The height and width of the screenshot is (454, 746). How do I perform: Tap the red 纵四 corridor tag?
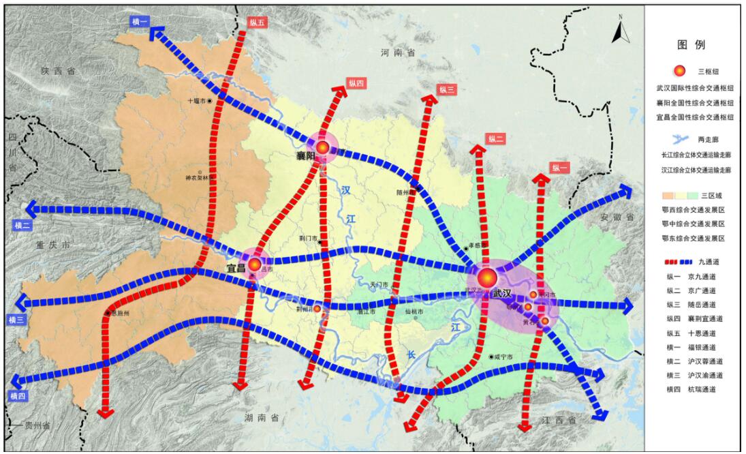(x=356, y=82)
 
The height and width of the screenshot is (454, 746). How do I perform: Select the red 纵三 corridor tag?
(x=447, y=89)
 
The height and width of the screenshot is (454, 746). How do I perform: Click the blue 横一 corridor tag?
(x=139, y=22)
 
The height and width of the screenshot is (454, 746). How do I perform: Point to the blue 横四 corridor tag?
(x=18, y=395)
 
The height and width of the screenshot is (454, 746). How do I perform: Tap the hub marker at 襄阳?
(x=323, y=146)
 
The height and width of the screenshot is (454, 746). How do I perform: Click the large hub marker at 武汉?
(x=487, y=277)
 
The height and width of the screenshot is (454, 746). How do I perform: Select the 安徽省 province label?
(x=617, y=217)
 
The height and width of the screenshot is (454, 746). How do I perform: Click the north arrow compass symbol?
(x=619, y=31)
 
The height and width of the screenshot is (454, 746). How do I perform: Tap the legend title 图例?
(x=691, y=45)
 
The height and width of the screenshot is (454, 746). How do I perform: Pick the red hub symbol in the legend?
(x=679, y=71)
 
